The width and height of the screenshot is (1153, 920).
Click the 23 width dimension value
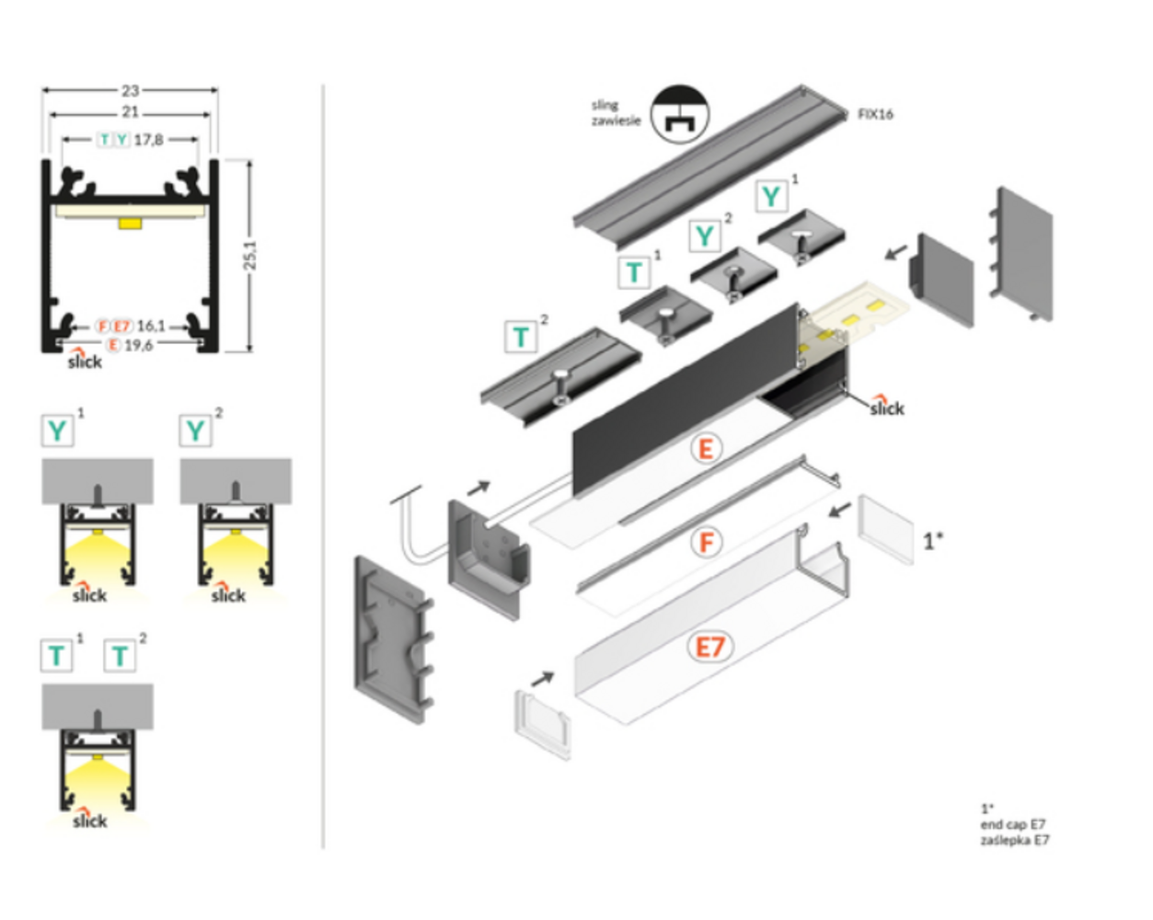(x=130, y=90)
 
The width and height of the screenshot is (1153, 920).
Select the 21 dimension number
(x=130, y=111)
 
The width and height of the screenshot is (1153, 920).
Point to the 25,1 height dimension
(x=250, y=256)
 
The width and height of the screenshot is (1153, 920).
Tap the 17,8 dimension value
(x=148, y=140)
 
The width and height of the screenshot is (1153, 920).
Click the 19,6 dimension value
(x=138, y=345)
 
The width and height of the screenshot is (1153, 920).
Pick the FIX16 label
(x=874, y=114)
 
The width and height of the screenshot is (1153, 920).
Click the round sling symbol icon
(x=679, y=114)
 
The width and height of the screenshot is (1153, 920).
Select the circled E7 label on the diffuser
(x=709, y=648)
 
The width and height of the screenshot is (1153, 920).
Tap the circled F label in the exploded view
(x=706, y=542)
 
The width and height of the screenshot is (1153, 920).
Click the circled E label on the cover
(x=706, y=449)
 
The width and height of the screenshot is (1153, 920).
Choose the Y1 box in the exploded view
(x=771, y=196)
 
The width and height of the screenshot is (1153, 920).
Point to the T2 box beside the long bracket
(x=521, y=338)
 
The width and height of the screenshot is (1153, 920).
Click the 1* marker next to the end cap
(x=933, y=541)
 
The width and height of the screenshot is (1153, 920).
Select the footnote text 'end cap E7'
(x=1012, y=824)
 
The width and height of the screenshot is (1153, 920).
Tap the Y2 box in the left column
(x=195, y=431)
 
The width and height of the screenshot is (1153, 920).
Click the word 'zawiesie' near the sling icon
(x=616, y=121)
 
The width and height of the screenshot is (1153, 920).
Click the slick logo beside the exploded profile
(x=886, y=407)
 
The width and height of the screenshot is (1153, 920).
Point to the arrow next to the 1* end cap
(x=839, y=509)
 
